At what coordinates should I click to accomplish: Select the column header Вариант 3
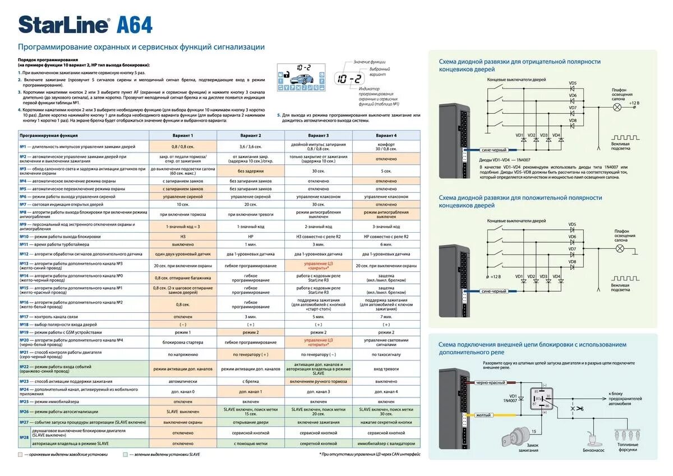pos(318,136)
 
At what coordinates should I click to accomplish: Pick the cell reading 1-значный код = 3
pos(183,226)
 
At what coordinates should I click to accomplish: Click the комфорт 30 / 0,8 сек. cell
pos(386,146)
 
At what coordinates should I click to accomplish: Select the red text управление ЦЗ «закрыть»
pos(318,265)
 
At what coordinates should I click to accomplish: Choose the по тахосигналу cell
pos(386,354)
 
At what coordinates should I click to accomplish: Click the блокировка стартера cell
pos(183,341)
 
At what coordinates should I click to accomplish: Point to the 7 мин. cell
pos(386,316)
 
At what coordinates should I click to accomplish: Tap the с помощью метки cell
pos(250,443)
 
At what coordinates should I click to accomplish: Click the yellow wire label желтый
pos(483,415)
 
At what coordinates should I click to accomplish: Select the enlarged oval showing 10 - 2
pos(348,79)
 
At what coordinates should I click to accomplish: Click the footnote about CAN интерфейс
pos(370,454)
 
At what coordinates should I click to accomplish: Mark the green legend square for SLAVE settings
pos(125,454)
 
